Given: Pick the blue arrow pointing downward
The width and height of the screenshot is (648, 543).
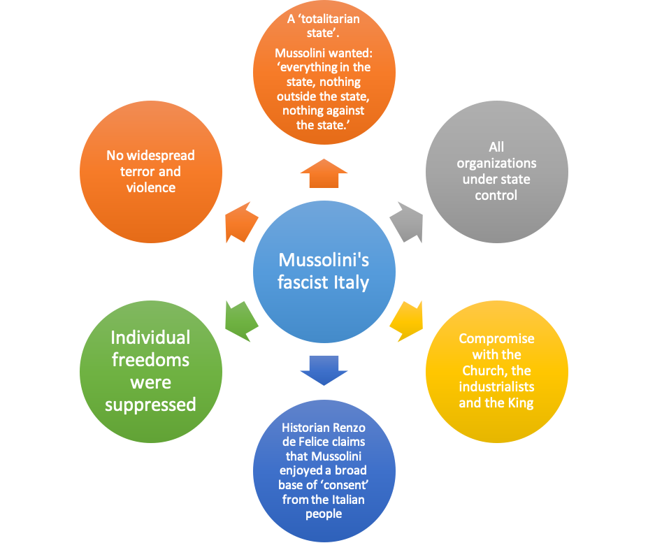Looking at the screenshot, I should (324, 369).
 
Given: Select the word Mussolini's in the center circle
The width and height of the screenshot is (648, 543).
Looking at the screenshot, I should (324, 260).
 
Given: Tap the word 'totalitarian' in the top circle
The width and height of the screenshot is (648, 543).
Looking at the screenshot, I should (331, 20).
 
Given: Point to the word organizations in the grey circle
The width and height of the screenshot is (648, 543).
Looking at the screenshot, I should (496, 163).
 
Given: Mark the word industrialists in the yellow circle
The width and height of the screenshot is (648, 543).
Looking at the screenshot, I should (496, 387).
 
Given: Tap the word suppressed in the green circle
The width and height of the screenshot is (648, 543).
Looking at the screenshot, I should (150, 405).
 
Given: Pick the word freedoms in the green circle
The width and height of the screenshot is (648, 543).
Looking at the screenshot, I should (150, 360).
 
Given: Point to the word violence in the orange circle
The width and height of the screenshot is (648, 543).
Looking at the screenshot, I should (150, 187).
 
